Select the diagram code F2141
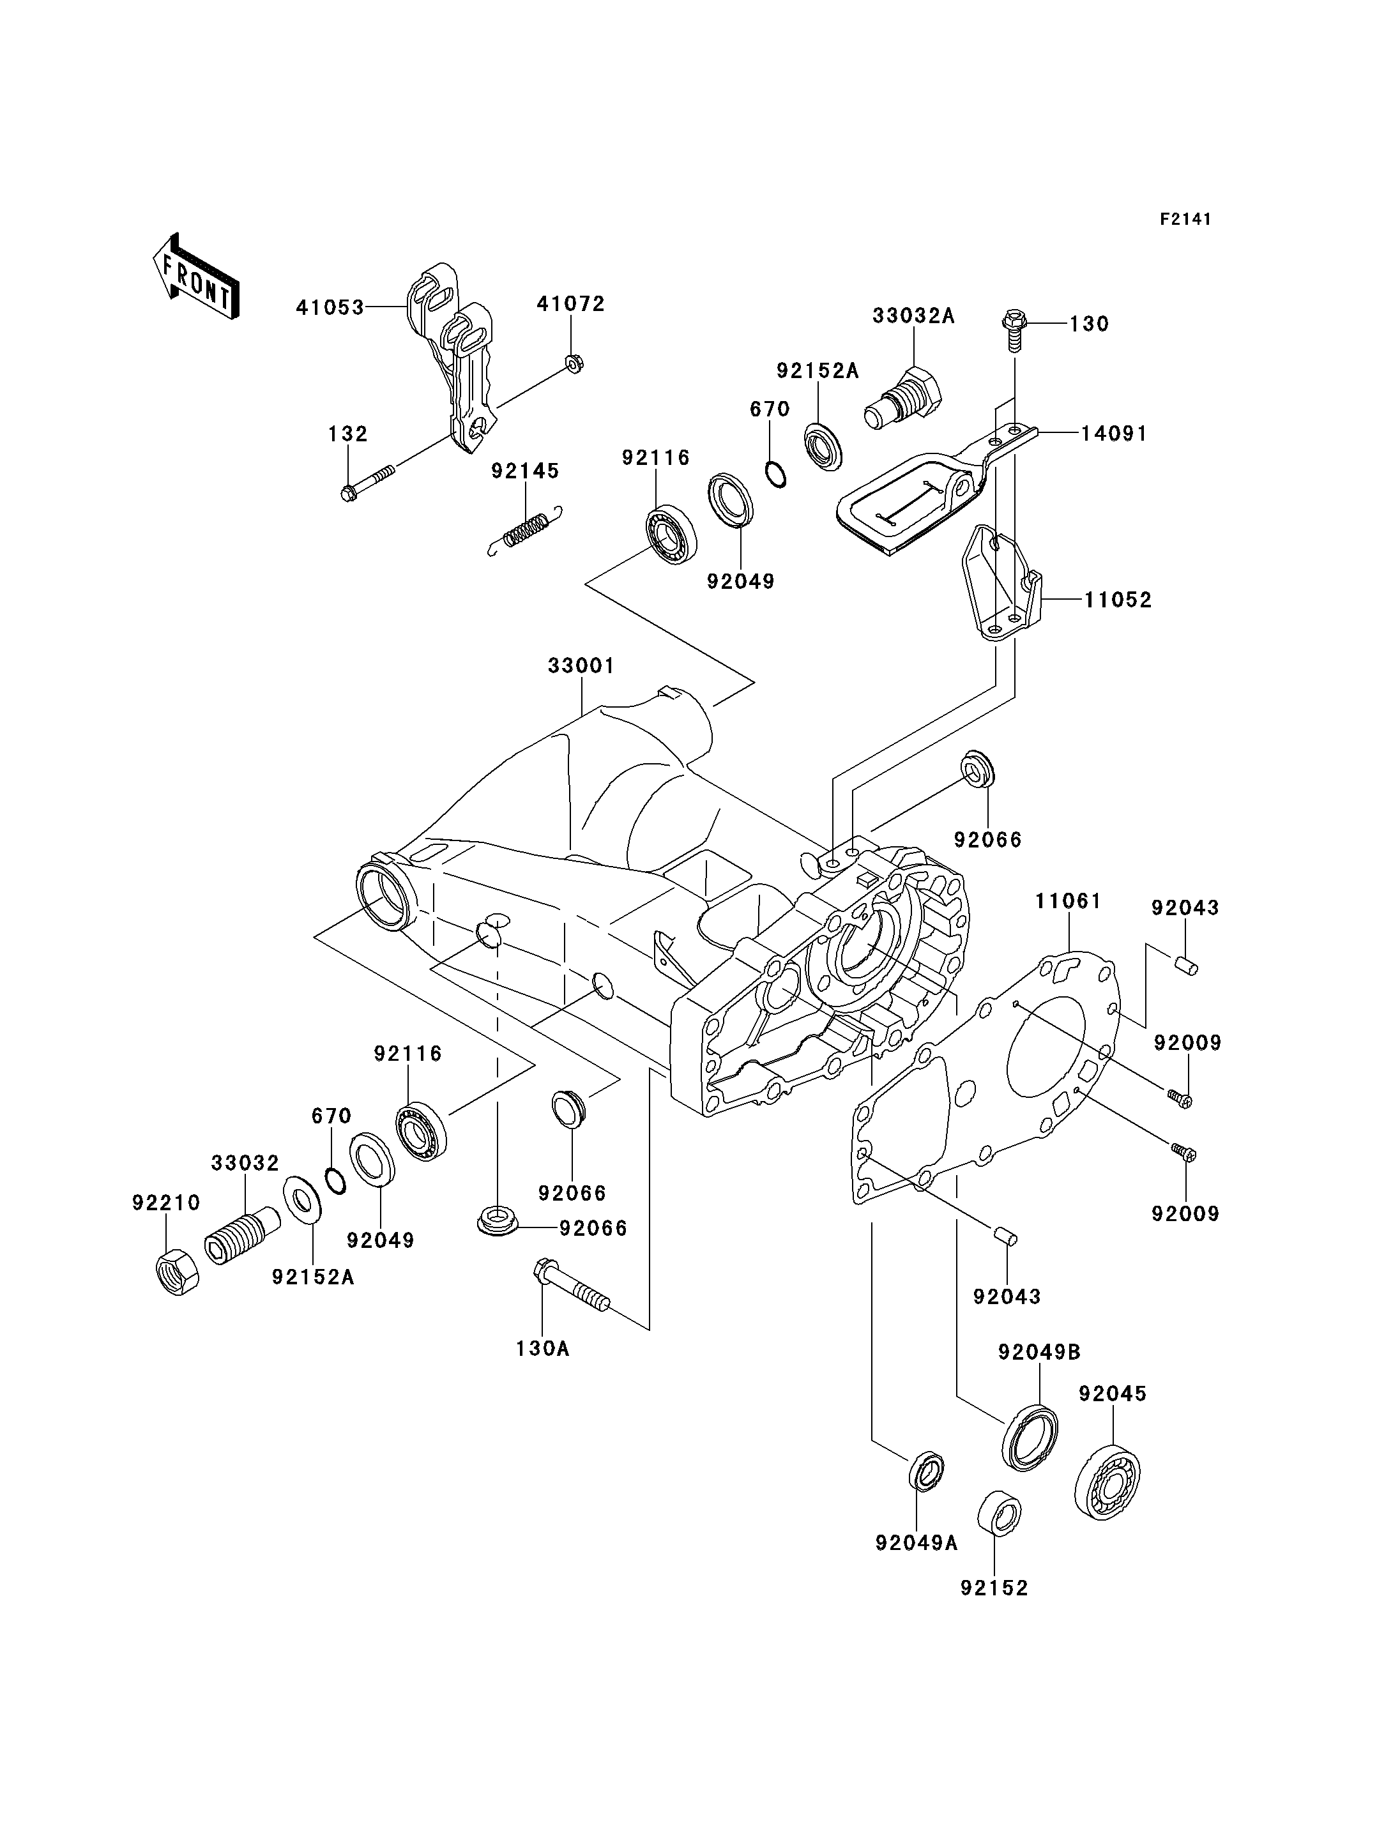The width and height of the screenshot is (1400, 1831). pos(1185,219)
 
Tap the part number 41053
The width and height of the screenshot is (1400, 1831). pos(330,308)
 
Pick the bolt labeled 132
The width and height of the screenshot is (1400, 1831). pos(367,483)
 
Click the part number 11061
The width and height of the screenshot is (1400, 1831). pos(1069,901)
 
